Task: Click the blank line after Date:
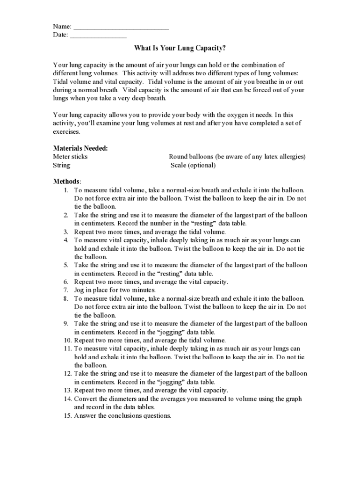(98, 36)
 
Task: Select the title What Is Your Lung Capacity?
(180, 48)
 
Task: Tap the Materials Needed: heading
(80, 148)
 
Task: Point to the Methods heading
(66, 181)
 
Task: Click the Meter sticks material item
(70, 157)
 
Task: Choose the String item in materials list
(62, 165)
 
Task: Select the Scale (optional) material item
(193, 165)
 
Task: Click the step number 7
(66, 290)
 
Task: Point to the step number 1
(66, 190)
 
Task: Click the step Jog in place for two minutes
(115, 290)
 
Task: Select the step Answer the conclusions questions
(122, 415)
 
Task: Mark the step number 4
(66, 240)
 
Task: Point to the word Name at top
(61, 26)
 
